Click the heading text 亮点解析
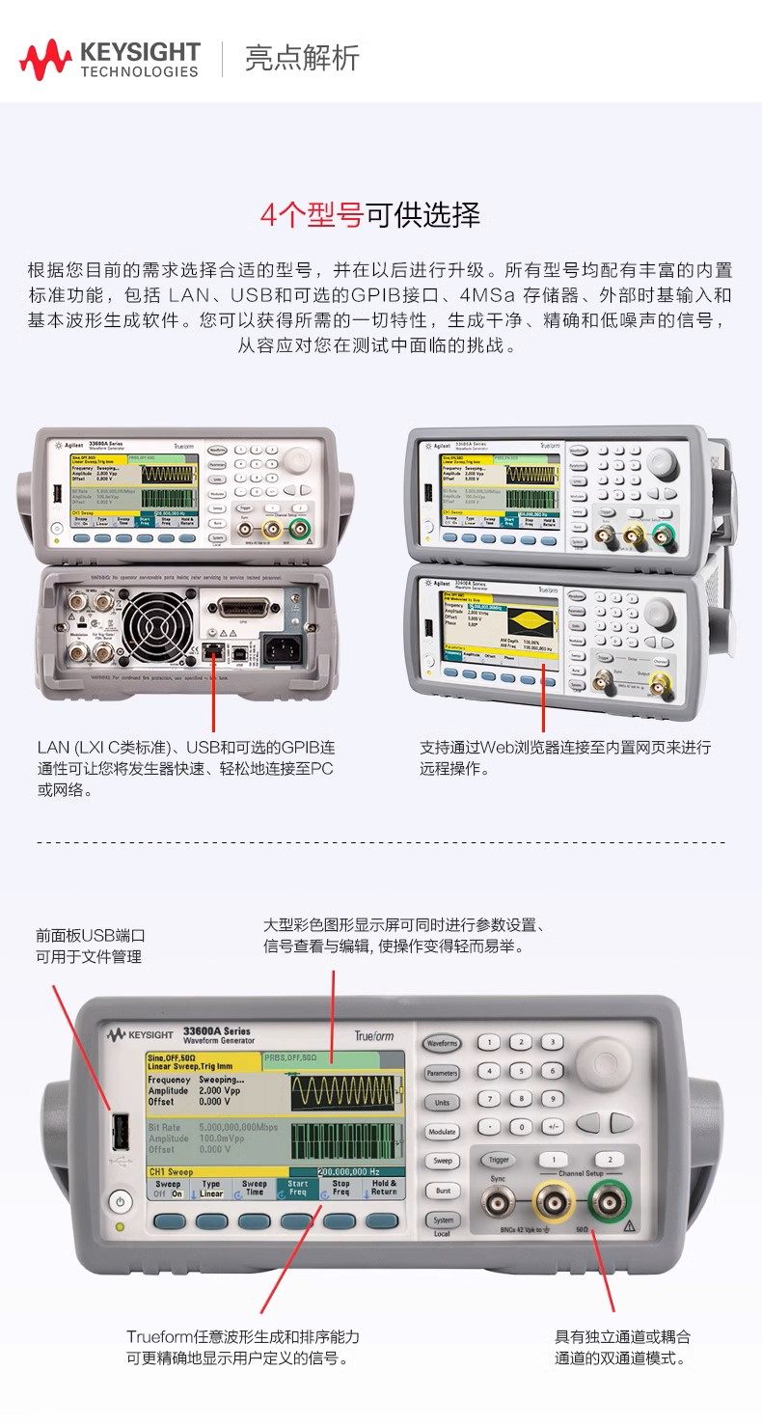point(302,58)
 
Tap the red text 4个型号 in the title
point(311,213)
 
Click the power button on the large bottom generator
point(119,1202)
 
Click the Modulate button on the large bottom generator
point(442,1131)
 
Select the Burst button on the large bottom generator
point(442,1191)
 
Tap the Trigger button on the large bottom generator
point(499,1160)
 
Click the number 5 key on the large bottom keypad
point(521,1070)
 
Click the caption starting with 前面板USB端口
point(90,946)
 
